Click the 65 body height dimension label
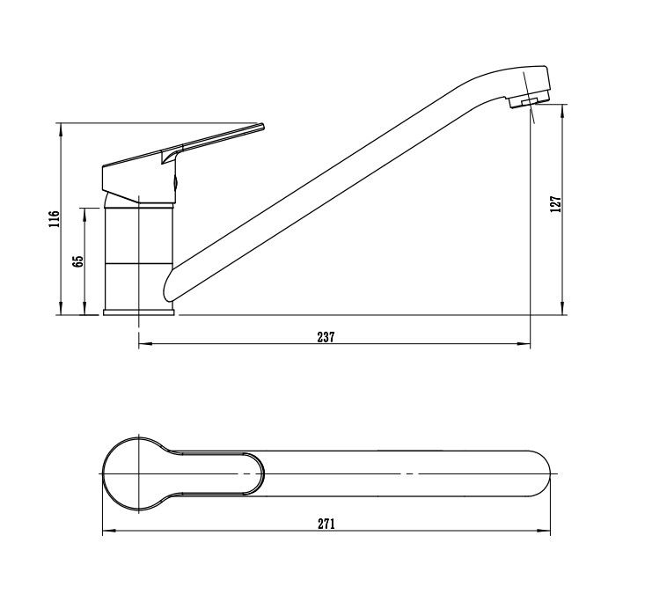(77, 261)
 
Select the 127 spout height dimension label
(554, 204)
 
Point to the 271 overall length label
(326, 524)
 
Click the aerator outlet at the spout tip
(526, 103)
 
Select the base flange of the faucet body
(139, 311)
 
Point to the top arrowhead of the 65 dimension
(84, 211)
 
